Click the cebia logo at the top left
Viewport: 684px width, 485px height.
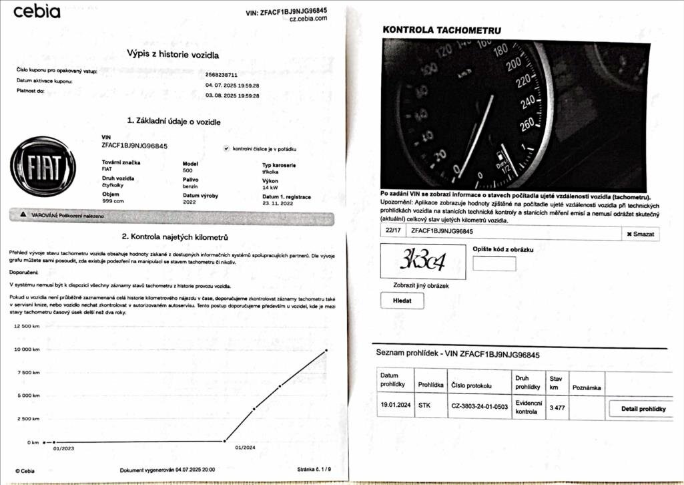(37, 11)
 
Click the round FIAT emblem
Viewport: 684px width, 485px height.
(44, 166)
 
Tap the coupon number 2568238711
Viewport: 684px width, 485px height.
(221, 75)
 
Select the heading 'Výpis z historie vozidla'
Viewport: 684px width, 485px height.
(173, 55)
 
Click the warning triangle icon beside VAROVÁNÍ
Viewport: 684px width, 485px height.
(23, 215)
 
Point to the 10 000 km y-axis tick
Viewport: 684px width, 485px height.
(27, 349)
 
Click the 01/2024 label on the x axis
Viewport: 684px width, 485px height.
(246, 449)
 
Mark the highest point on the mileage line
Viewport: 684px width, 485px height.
(326, 350)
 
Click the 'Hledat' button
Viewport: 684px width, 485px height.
(402, 301)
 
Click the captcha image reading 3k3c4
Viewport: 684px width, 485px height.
(422, 261)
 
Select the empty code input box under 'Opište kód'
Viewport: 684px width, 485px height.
(494, 263)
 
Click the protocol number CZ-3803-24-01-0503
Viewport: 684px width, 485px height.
(479, 406)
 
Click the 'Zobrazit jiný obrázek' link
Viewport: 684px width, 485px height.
(420, 286)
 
